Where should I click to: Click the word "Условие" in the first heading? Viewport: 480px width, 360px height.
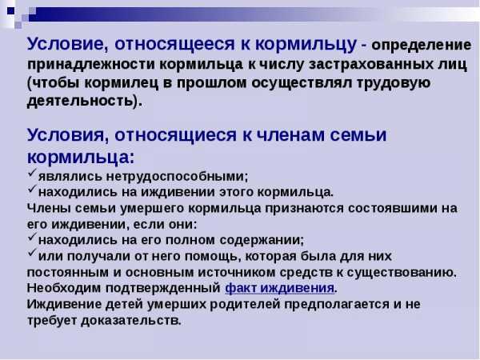coord(66,44)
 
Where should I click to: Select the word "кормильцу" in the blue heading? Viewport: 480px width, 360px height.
coord(306,45)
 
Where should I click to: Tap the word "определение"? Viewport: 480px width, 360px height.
coord(422,46)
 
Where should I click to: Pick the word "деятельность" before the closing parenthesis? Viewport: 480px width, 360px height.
coord(80,101)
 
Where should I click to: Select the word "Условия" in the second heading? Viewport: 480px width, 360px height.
coord(66,134)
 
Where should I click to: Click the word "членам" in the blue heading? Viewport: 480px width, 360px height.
coord(290,134)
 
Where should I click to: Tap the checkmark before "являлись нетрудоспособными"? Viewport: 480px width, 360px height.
coord(32,173)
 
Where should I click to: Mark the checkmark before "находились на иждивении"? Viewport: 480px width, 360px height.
coord(32,189)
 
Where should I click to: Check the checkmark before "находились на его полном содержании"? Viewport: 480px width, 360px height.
coord(32,237)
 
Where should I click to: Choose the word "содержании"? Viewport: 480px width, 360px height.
coord(261,240)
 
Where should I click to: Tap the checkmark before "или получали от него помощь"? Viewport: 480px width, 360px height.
coord(32,253)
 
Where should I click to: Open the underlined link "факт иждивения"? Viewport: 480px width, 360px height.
coord(279,288)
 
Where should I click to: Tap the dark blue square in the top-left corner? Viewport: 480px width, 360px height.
coord(10,11)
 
